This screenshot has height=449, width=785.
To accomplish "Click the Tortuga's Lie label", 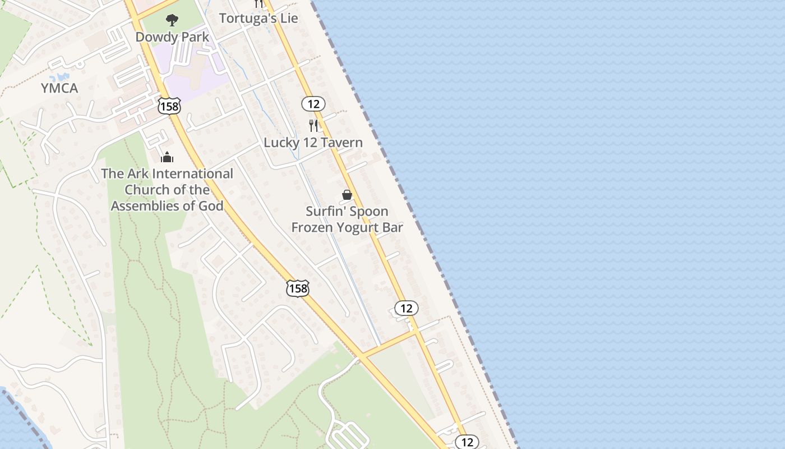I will (258, 18).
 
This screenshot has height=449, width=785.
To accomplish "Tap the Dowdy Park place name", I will (172, 37).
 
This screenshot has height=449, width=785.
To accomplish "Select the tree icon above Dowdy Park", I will (172, 21).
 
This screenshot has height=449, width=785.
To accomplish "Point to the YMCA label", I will (59, 88).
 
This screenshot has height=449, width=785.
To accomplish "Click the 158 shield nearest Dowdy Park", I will (169, 106).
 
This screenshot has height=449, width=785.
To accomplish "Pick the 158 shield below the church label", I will (297, 288).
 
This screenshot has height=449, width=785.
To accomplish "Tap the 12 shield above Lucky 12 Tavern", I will (313, 103).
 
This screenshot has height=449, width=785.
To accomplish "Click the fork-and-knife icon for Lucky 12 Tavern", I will (313, 125).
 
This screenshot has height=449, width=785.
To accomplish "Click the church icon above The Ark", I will (167, 157).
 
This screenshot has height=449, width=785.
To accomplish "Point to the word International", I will (192, 174).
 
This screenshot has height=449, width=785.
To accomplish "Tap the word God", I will (211, 206).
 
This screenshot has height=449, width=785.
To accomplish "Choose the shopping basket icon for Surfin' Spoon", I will (347, 195).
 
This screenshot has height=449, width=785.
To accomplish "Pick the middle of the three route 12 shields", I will (407, 308).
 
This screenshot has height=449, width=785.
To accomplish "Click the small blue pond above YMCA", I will (59, 77).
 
